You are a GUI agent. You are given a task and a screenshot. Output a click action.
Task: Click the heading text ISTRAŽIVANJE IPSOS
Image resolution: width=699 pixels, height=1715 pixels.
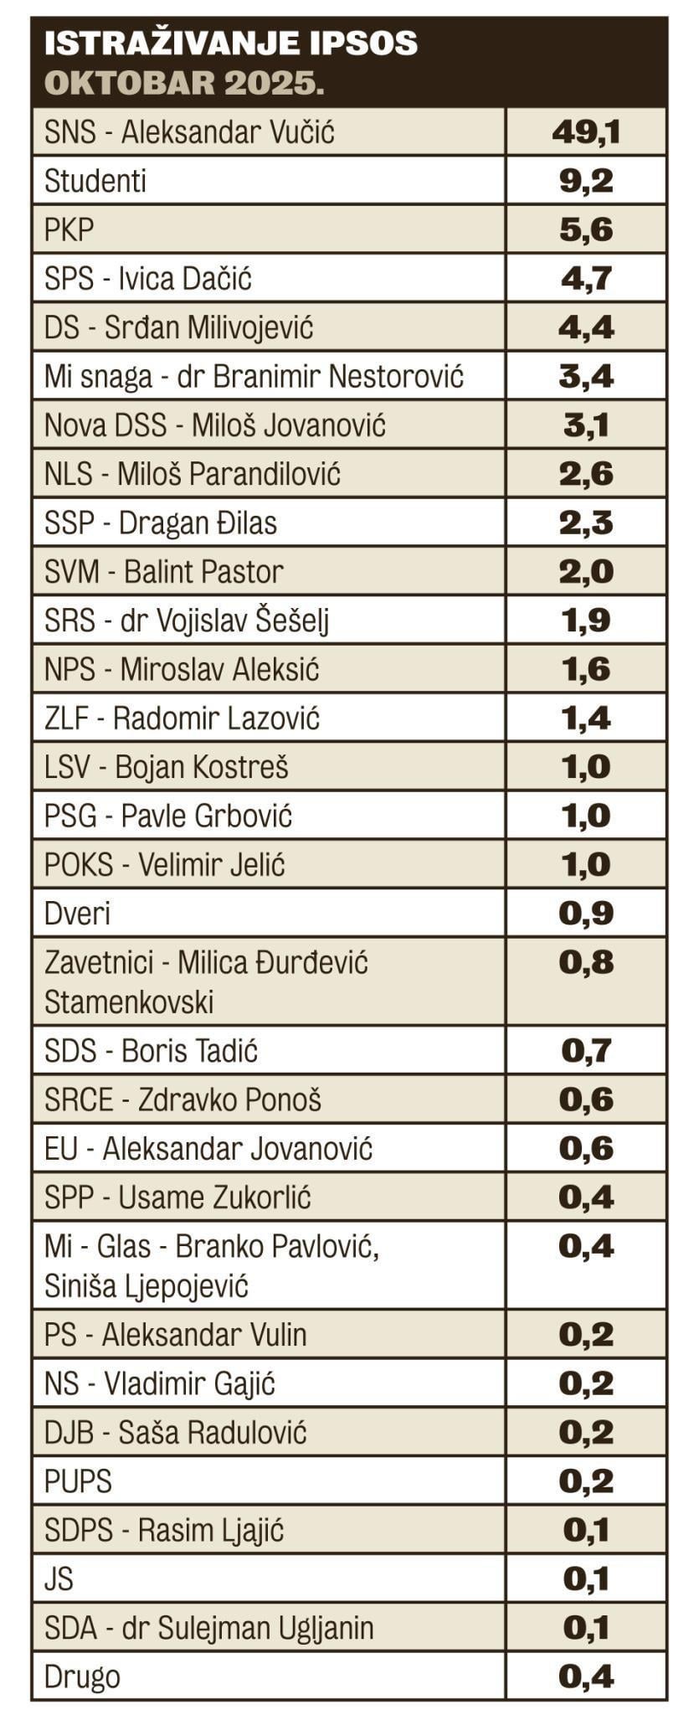pos(230,43)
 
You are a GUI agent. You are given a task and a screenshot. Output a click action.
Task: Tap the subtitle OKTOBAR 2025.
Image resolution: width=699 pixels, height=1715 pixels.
pos(183,84)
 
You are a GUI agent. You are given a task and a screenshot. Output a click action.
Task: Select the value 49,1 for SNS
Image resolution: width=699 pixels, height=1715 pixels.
pos(586,132)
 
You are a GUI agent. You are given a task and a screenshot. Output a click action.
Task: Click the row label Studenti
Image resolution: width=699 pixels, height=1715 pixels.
pos(95,181)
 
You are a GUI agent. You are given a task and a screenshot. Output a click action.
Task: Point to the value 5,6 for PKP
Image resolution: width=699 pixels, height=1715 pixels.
pos(586,229)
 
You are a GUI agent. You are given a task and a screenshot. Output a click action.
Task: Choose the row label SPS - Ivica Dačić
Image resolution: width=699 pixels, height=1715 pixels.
pos(148,279)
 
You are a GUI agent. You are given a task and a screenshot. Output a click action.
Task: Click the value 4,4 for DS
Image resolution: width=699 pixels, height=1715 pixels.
pos(586,327)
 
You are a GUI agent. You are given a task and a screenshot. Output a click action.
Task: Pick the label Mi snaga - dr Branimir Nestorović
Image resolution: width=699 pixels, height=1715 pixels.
pos(254,377)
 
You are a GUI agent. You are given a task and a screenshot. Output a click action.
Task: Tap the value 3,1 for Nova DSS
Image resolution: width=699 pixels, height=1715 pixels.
pos(586,425)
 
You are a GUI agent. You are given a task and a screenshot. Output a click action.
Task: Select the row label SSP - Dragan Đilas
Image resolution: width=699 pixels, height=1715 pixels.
pos(161,523)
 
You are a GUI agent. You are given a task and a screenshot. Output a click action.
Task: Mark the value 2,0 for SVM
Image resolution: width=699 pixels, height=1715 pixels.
pos(586,572)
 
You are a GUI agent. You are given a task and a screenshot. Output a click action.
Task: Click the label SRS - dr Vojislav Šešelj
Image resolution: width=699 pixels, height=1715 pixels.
pos(187,621)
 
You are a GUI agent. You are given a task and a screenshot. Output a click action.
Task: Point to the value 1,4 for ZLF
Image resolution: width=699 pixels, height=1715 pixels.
pos(586,718)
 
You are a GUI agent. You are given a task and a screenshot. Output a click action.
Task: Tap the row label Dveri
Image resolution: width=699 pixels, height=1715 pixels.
pos(77,914)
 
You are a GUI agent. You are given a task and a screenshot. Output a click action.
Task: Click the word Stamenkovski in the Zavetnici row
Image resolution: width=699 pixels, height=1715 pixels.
pos(129,1002)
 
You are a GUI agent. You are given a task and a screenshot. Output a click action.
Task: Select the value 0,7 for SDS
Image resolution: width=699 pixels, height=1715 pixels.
pos(586,1051)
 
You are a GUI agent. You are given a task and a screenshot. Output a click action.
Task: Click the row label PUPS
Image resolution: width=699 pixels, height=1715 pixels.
pos(78,1481)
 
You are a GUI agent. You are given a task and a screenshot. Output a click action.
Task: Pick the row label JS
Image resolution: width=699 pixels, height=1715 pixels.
pos(59,1579)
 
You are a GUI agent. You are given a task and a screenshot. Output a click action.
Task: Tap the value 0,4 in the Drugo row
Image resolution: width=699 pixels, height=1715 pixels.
pos(586,1676)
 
